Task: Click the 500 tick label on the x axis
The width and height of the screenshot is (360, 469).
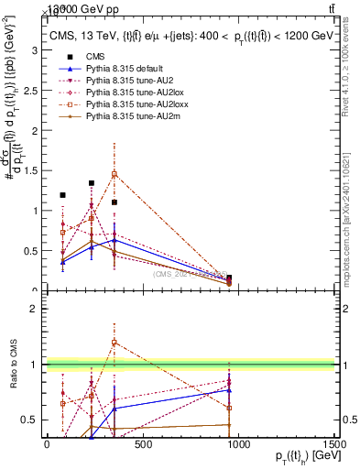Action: tap(142, 445)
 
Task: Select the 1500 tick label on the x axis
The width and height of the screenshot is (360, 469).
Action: tap(333, 445)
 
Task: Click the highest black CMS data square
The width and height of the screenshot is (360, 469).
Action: tap(92, 183)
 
